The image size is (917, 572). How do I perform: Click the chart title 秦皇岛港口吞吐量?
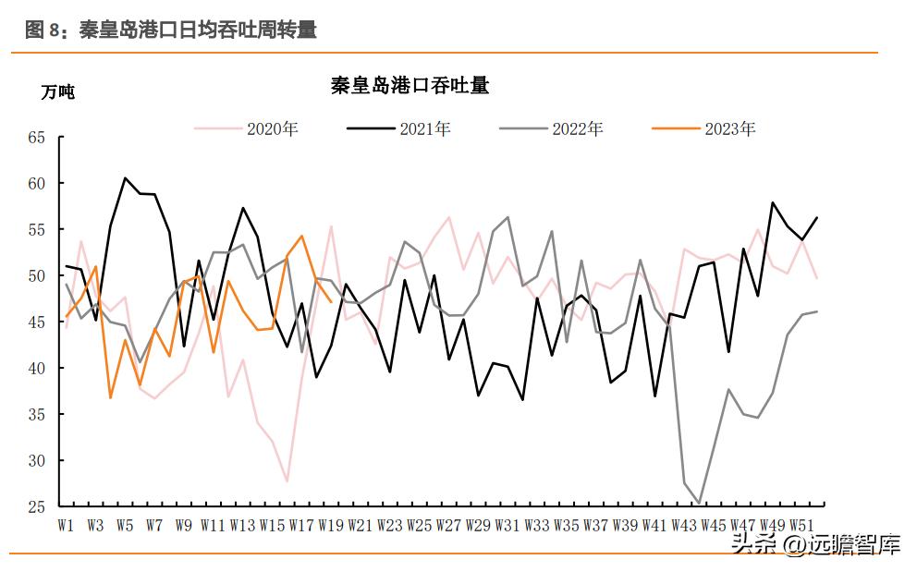point(410,86)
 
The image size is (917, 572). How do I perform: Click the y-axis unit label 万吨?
point(57,91)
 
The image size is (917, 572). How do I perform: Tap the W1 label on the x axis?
point(66,525)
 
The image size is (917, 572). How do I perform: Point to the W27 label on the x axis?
point(447,525)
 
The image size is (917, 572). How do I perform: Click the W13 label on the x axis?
point(242,525)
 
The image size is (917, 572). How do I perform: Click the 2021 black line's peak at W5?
point(125,177)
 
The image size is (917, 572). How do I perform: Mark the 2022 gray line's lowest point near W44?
point(699,504)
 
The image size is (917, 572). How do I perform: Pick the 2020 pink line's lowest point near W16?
point(287,481)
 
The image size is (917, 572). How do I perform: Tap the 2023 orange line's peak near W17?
point(301,236)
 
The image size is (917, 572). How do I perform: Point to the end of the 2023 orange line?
point(331,302)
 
